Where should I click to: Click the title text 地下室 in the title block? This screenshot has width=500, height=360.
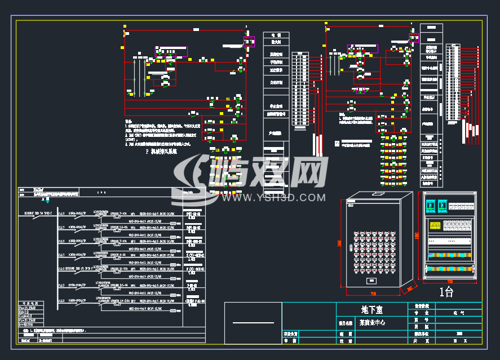[x=371, y=309]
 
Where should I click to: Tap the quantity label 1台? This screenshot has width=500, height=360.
[x=446, y=292]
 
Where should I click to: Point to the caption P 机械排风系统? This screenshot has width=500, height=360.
[x=161, y=152]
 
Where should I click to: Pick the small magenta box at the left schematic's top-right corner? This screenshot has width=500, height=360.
[x=249, y=41]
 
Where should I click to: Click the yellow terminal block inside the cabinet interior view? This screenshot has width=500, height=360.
[x=436, y=225]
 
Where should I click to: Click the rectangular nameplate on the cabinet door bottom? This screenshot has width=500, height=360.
[x=371, y=280]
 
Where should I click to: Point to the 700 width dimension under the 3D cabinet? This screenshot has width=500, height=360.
[x=373, y=294]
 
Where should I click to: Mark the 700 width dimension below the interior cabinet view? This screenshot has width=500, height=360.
[x=450, y=281]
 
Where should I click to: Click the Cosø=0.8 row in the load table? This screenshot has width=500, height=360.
[x=28, y=316]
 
